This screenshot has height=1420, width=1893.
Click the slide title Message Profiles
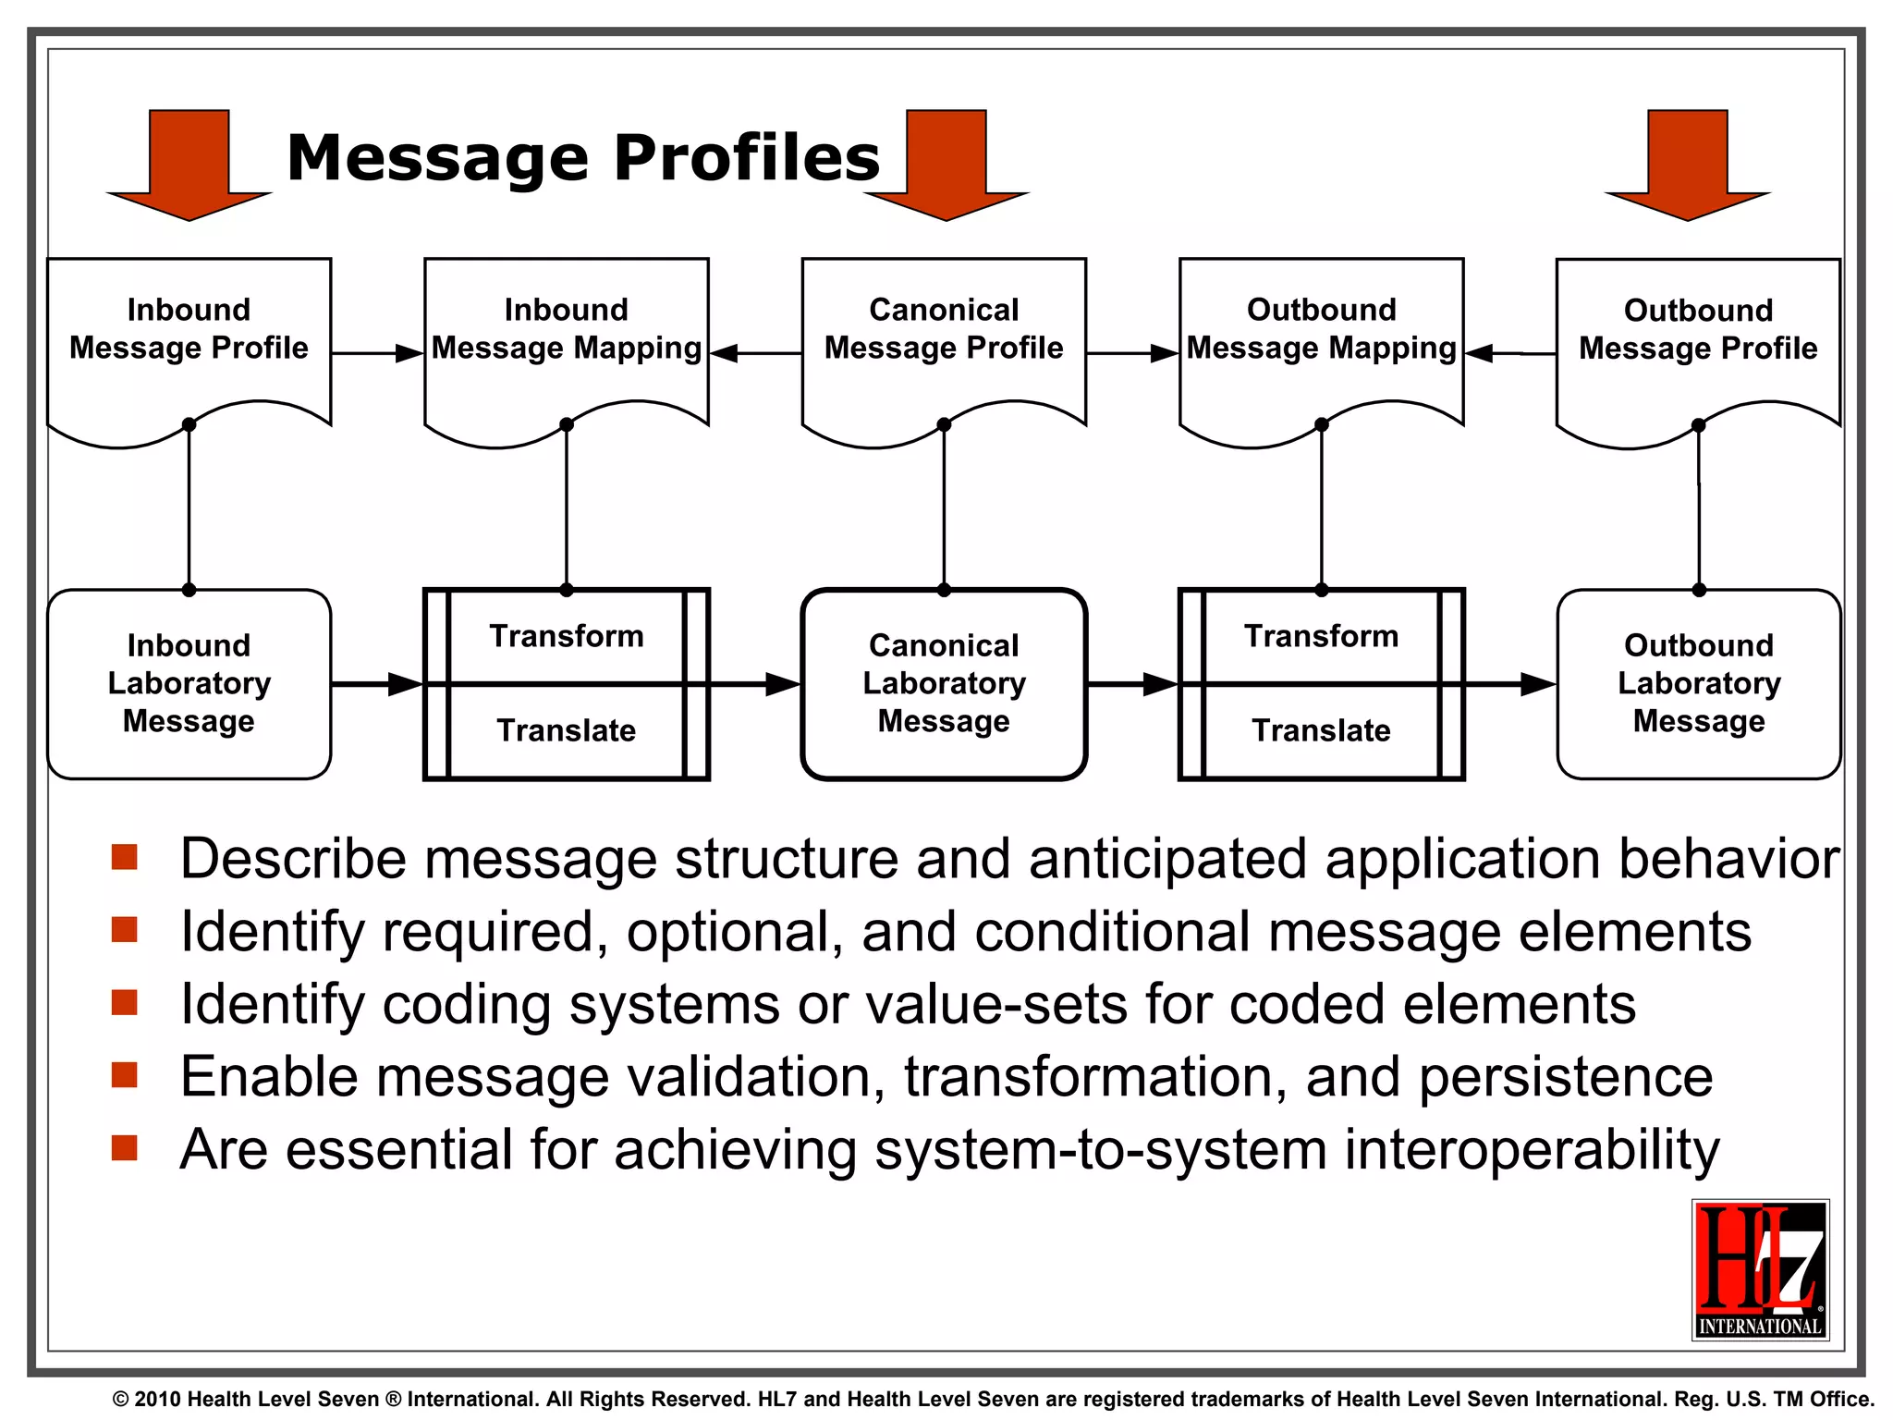[583, 157]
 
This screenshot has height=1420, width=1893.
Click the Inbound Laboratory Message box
[189, 684]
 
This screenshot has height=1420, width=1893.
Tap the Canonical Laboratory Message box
[944, 684]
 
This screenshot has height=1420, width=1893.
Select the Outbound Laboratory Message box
[1699, 684]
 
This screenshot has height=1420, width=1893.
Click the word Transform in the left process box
[567, 636]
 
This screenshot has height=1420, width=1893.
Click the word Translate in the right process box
[1321, 730]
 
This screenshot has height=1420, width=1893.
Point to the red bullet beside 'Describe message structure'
[124, 857]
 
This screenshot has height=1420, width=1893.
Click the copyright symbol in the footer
[120, 1400]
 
